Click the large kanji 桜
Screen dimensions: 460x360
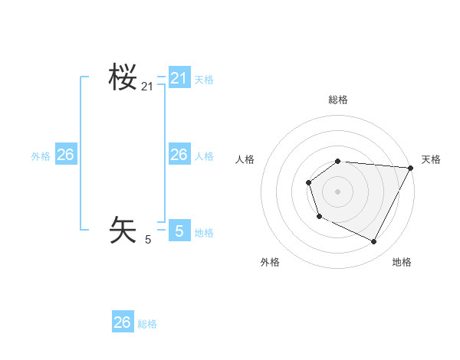click(x=123, y=77)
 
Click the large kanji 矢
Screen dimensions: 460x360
click(x=123, y=230)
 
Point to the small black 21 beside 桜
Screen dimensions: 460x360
click(x=147, y=87)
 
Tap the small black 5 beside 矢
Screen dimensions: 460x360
click(x=148, y=240)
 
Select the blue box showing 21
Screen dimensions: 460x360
click(x=179, y=78)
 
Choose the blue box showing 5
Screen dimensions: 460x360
click(x=179, y=230)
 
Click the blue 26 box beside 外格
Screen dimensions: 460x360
click(x=65, y=155)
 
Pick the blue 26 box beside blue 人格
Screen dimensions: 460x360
click(x=179, y=155)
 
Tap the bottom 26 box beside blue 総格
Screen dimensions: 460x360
click(x=123, y=322)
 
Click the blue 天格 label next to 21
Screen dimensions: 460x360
click(x=204, y=80)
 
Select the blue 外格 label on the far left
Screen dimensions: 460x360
click(x=41, y=156)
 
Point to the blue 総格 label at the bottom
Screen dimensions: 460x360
click(x=147, y=324)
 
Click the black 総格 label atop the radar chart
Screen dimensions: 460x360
click(x=338, y=100)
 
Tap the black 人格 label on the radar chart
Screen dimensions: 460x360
click(x=245, y=159)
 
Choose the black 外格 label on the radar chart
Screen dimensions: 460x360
click(x=270, y=262)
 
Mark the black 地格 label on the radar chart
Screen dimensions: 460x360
click(x=402, y=262)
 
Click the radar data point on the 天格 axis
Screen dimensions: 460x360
click(x=410, y=168)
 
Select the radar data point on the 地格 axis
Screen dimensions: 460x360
click(x=374, y=242)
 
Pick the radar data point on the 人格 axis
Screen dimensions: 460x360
click(x=308, y=182)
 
